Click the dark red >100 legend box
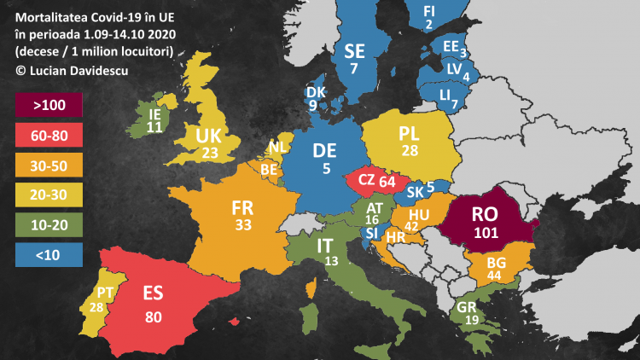tap(48, 106)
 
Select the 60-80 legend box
tap(48, 135)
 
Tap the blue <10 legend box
tap(48, 253)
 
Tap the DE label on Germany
tap(325, 151)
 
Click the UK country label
tap(209, 136)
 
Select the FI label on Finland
tap(429, 10)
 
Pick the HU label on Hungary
tap(419, 214)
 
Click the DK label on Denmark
tap(315, 92)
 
